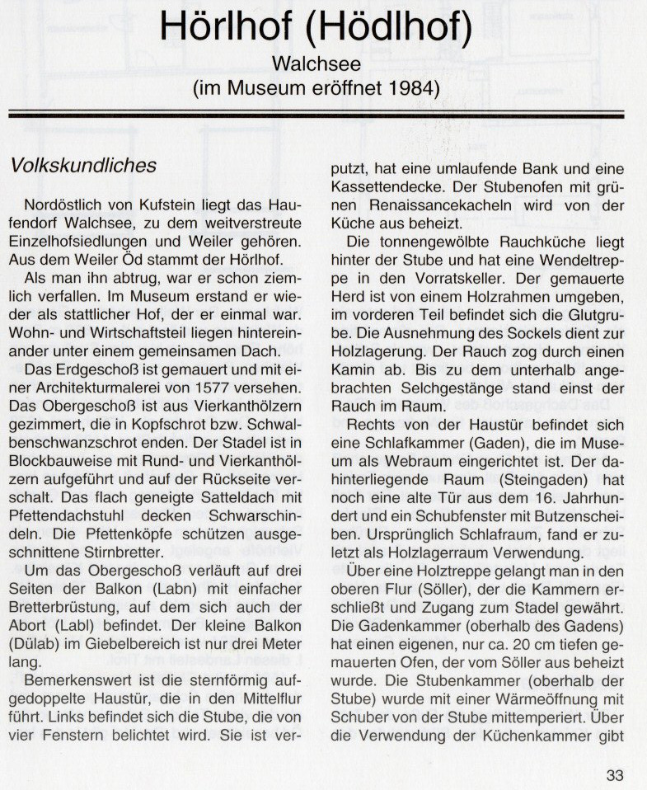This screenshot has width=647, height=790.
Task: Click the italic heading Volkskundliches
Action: (83, 165)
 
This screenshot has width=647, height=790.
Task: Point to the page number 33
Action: (614, 774)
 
